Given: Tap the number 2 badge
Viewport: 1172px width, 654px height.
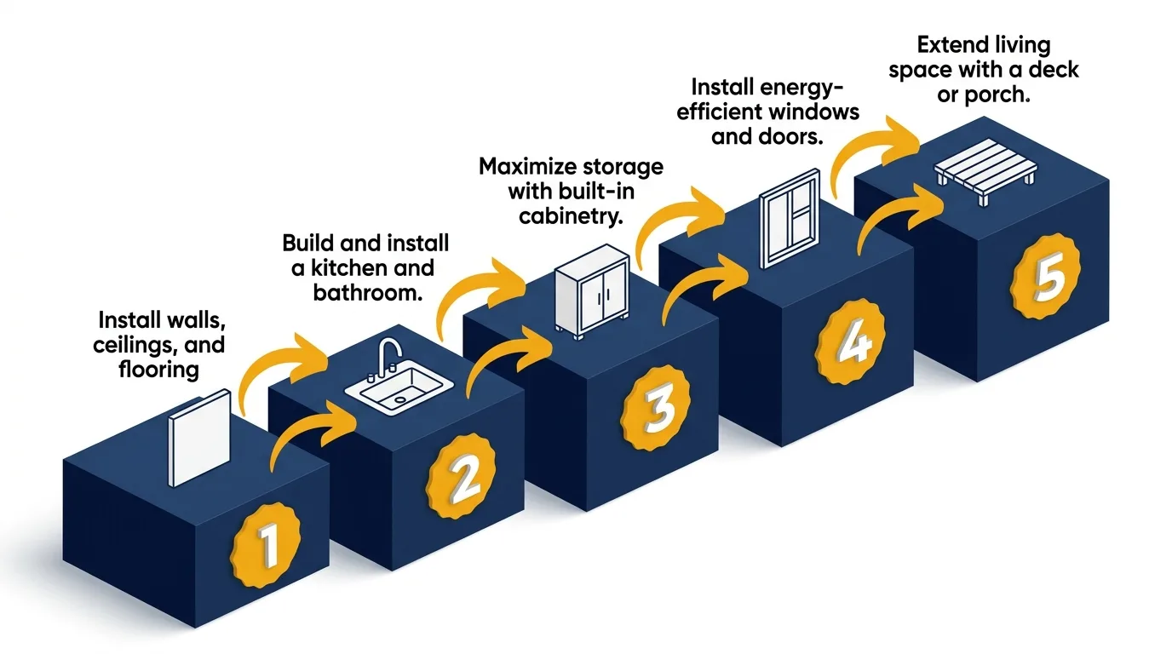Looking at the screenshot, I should coord(463,479).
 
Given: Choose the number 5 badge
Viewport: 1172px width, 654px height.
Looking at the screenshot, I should coord(1044,278).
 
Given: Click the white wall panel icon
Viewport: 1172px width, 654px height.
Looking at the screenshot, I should coord(199,438).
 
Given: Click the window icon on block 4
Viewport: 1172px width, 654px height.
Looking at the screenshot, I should coord(789,219).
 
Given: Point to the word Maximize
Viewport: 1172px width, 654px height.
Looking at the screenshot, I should coord(525,166).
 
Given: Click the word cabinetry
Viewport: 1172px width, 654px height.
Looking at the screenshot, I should coord(571,215).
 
